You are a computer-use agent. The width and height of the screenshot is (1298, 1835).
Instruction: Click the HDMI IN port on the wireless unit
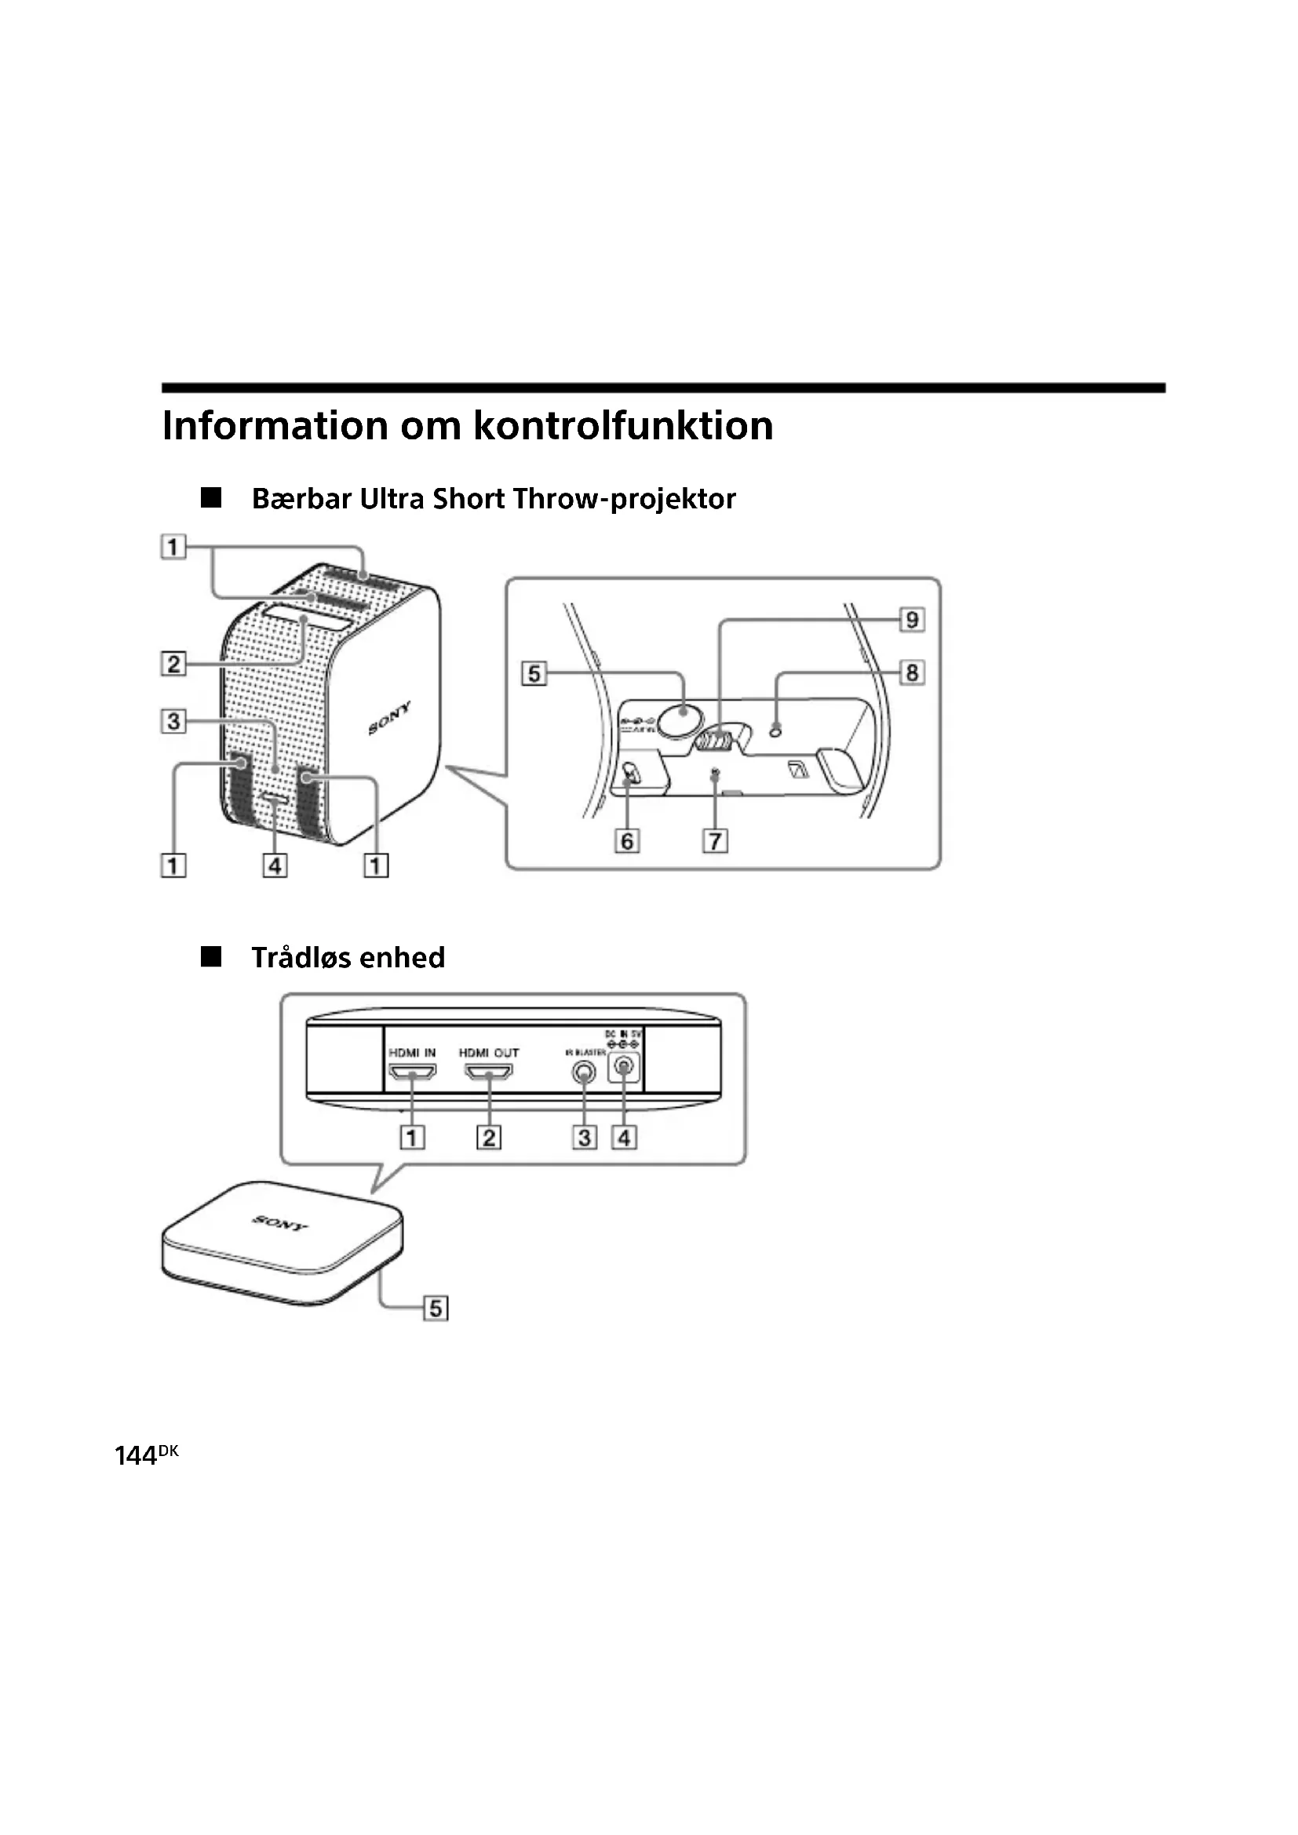[412, 1072]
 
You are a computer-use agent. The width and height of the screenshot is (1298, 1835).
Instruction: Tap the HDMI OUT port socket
[488, 1072]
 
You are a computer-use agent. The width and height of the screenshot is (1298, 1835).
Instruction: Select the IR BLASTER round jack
[585, 1073]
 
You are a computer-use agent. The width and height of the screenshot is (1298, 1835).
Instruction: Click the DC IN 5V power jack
[623, 1068]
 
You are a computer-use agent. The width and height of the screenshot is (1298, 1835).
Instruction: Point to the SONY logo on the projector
[390, 718]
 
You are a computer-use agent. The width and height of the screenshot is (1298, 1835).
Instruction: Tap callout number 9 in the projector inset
[911, 620]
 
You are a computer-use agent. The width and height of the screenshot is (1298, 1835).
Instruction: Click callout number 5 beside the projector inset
[534, 673]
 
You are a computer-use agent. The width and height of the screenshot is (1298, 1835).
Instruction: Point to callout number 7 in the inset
[715, 841]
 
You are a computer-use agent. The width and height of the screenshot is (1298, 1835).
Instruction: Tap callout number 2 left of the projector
[173, 664]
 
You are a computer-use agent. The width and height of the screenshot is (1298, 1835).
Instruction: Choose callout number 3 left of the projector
[173, 721]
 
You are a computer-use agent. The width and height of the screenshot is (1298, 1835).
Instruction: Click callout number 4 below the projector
[275, 865]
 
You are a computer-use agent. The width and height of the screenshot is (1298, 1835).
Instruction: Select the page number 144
[136, 1457]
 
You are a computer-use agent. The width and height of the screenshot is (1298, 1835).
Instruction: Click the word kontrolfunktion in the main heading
[623, 425]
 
